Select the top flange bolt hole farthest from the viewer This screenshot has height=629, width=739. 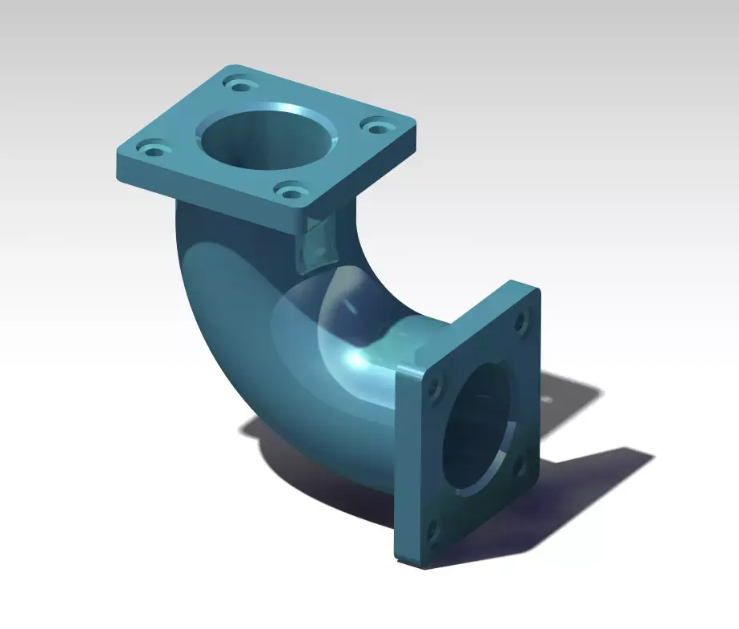tap(239, 84)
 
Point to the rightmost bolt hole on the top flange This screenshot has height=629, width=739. tap(375, 125)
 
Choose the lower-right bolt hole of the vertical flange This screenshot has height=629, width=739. tap(516, 465)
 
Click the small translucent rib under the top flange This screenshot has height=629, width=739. tap(318, 240)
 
